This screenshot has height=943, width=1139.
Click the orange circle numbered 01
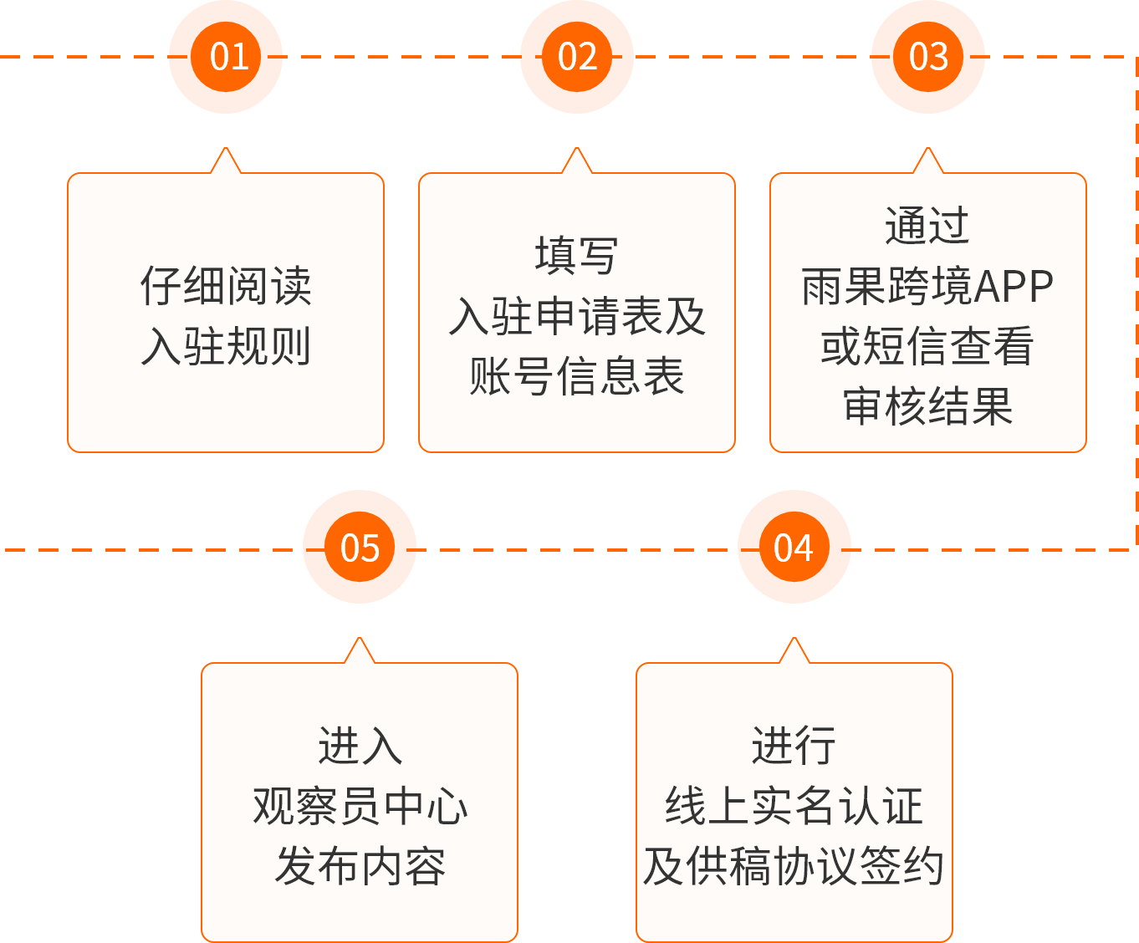point(226,57)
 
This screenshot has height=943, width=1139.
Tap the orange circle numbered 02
point(577,57)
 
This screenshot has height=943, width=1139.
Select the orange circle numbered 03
point(928,57)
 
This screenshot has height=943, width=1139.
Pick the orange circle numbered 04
point(794,548)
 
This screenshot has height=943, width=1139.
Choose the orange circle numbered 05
point(360,548)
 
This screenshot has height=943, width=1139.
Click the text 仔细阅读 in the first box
point(226,286)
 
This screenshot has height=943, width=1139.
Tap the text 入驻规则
point(226,346)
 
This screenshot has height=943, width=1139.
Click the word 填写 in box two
point(577,256)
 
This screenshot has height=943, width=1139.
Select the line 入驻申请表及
point(577,316)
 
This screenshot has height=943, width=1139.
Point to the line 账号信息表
point(577,376)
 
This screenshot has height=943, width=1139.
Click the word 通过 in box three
point(927,226)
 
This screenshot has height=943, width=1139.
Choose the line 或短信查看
point(927,346)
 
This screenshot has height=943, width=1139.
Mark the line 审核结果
point(927,406)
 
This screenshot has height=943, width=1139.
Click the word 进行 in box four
point(794,746)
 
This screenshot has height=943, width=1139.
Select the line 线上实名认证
point(794,806)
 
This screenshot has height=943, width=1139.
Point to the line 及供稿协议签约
point(794,866)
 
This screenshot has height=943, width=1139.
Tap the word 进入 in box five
point(360,746)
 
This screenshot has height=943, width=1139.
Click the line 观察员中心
point(360,806)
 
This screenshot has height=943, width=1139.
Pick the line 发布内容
point(360,866)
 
